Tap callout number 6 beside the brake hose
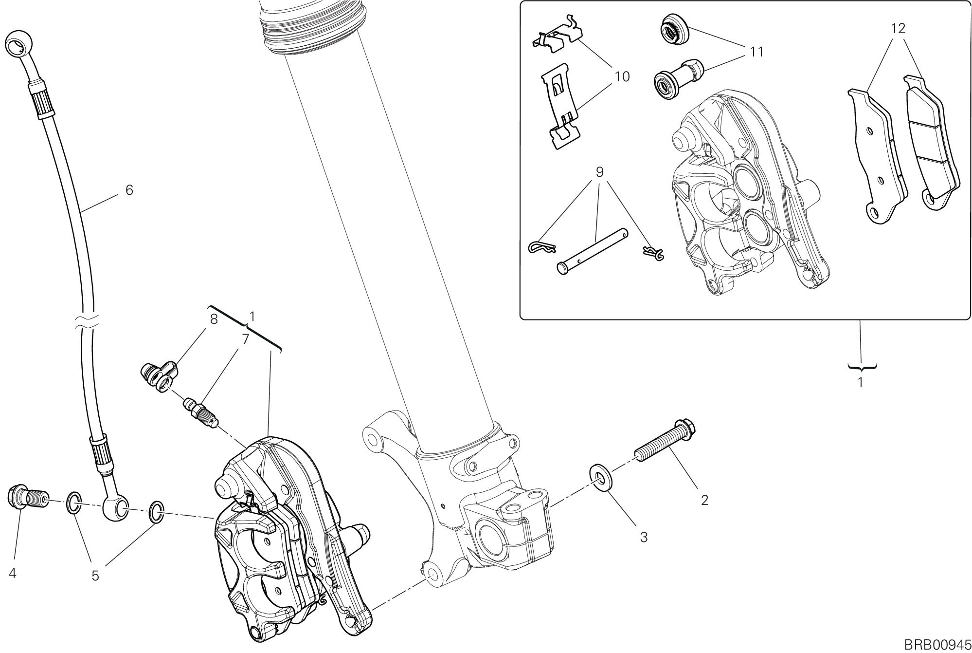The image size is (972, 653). click(x=129, y=190)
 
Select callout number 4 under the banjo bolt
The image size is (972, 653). click(x=13, y=574)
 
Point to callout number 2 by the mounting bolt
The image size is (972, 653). click(x=704, y=500)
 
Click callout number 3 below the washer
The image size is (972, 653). click(x=643, y=538)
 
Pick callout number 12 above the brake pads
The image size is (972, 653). click(x=898, y=29)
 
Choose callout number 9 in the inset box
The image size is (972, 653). click(x=599, y=172)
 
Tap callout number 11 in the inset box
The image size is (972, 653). click(x=756, y=52)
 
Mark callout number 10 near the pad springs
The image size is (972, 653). click(x=622, y=76)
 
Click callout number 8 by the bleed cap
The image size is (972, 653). click(x=214, y=319)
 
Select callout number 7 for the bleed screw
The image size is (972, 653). click(x=246, y=338)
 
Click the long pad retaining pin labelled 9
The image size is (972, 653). click(x=594, y=252)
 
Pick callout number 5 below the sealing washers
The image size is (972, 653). click(x=95, y=576)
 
